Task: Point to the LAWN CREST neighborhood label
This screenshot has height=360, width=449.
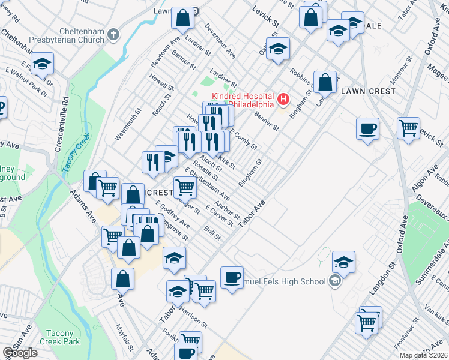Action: tap(368, 91)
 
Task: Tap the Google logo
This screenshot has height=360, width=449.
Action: tap(20, 353)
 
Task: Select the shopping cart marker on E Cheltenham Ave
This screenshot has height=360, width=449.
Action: tap(185, 188)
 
